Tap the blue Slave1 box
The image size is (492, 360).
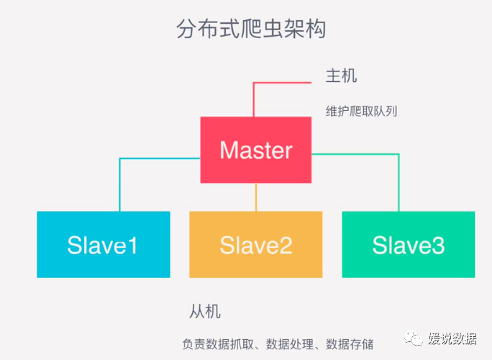pos(103,244)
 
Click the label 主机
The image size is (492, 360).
pos(341,76)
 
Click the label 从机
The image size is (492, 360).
pos(205,312)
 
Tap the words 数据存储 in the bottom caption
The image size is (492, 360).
pos(350,343)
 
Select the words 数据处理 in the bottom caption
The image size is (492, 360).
pos(289,343)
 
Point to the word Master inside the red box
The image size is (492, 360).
pos(255,150)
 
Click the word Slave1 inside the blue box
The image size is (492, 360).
pos(103,246)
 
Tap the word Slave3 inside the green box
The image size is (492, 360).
pos(408,246)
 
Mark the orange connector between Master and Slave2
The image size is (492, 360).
pos(256,197)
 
